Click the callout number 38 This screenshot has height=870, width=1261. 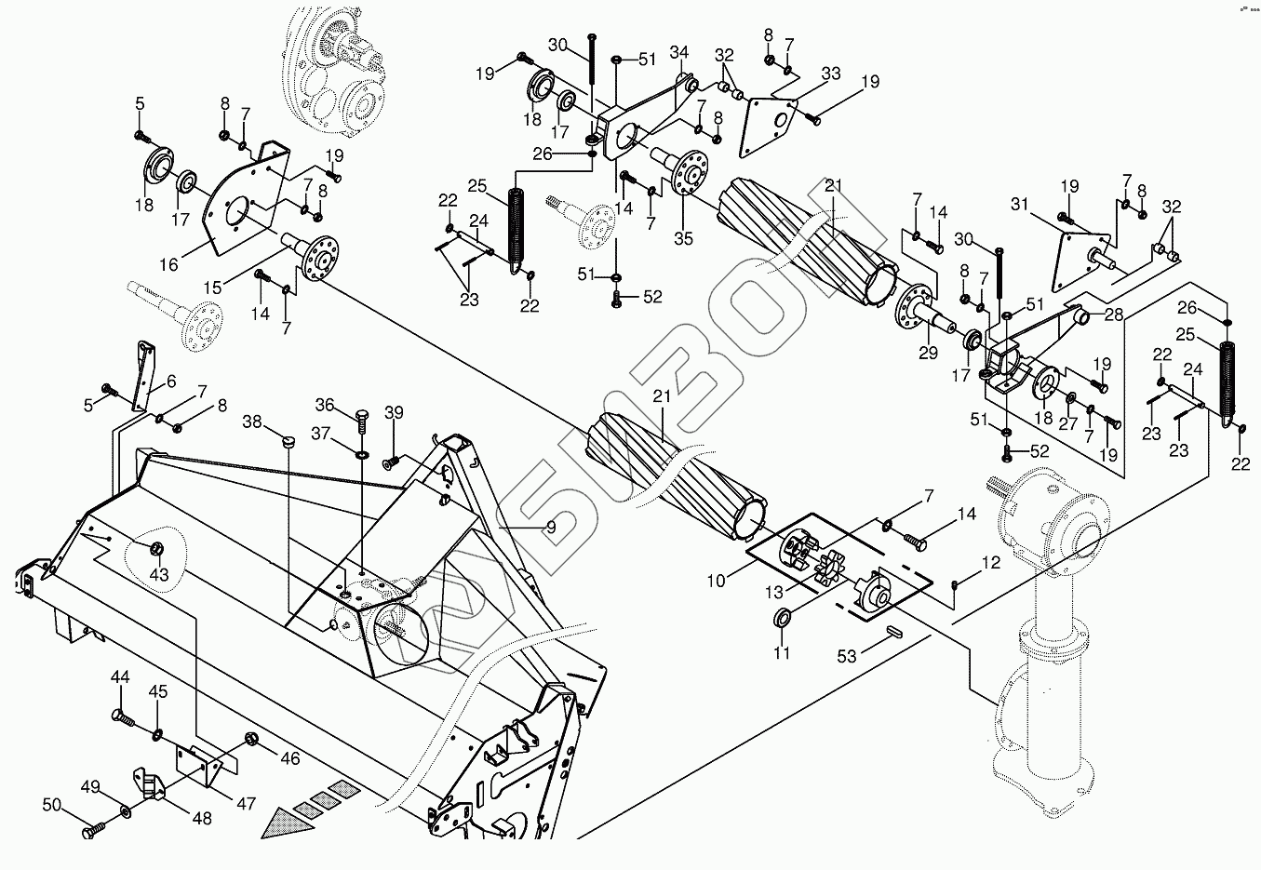tap(252, 421)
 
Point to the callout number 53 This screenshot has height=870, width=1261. tap(846, 657)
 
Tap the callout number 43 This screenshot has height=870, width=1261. tap(159, 575)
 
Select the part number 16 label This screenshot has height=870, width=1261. tap(168, 265)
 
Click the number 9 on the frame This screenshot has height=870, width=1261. tap(551, 526)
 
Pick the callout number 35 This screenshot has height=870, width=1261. tap(684, 238)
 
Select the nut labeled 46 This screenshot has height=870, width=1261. tap(251, 740)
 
